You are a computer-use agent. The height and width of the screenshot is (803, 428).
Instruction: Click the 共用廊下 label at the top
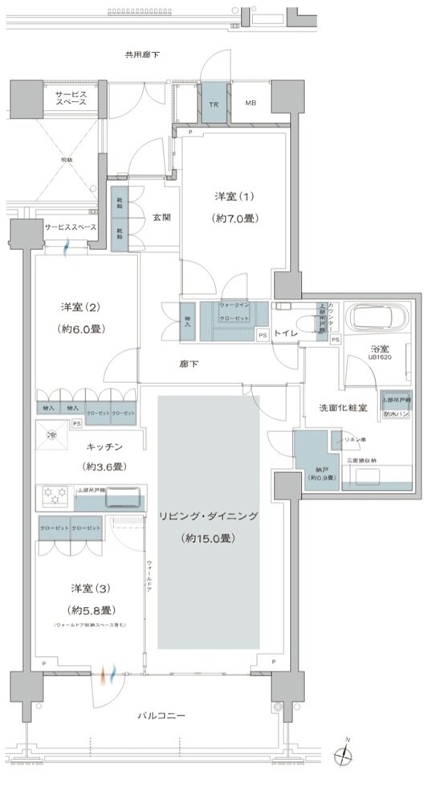pyautogui.click(x=141, y=55)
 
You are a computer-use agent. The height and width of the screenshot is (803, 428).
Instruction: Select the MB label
pyautogui.click(x=251, y=104)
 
